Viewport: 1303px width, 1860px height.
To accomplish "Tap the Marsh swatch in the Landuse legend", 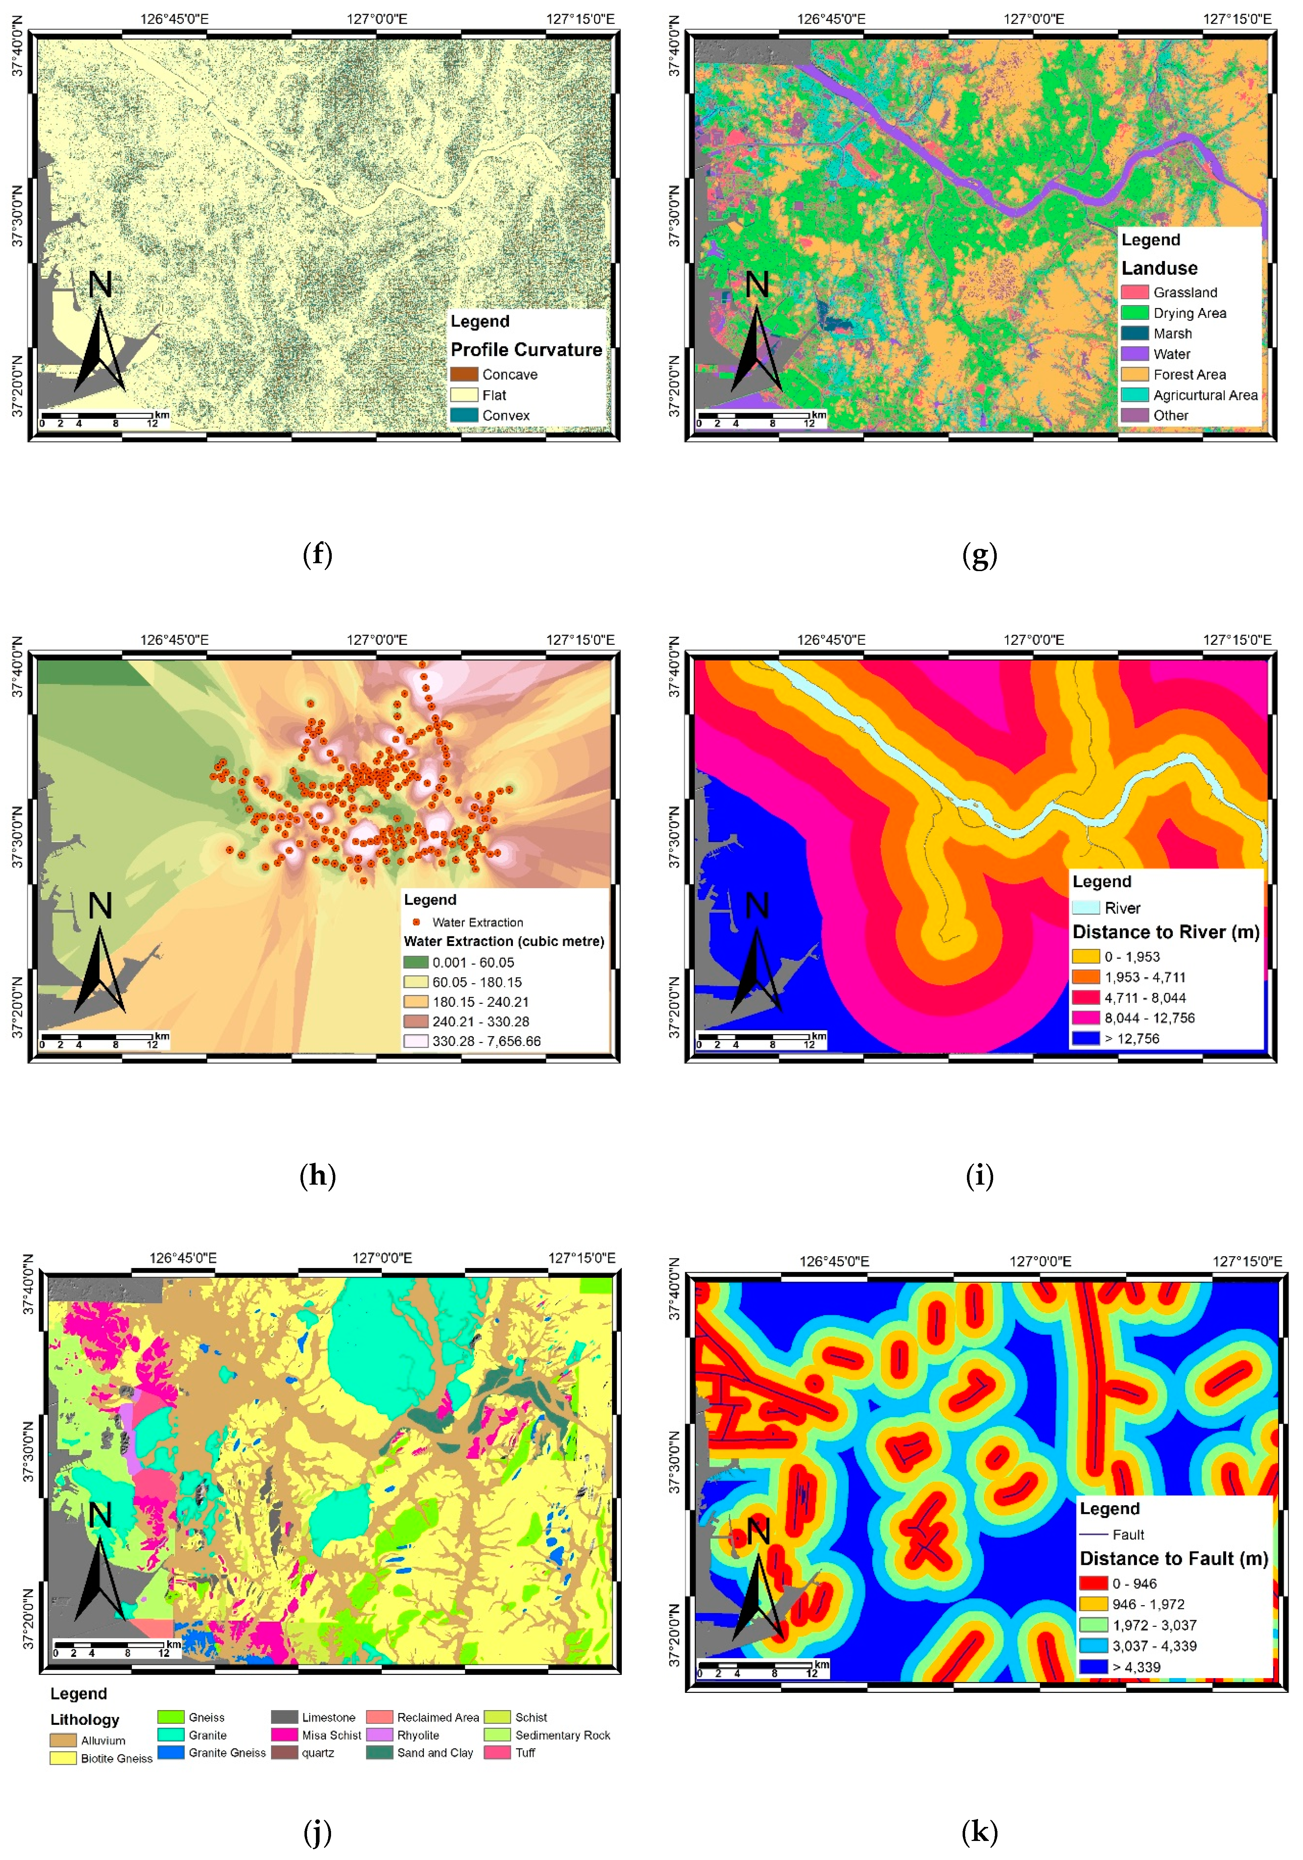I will tap(1134, 333).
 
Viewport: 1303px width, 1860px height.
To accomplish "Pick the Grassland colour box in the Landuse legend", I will tap(1134, 291).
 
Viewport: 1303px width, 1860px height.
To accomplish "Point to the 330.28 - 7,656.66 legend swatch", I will tap(416, 1041).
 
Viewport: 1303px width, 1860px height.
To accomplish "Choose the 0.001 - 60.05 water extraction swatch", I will tap(416, 963).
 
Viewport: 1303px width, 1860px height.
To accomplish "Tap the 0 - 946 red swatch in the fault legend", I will tap(1093, 1583).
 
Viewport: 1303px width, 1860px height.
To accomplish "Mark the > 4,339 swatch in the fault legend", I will tap(1093, 1666).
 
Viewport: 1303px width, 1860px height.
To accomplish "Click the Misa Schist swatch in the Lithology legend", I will tap(284, 1735).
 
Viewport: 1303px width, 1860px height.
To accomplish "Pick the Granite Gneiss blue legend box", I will tap(171, 1752).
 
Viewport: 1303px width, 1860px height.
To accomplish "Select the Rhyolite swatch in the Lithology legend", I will tap(379, 1735).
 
